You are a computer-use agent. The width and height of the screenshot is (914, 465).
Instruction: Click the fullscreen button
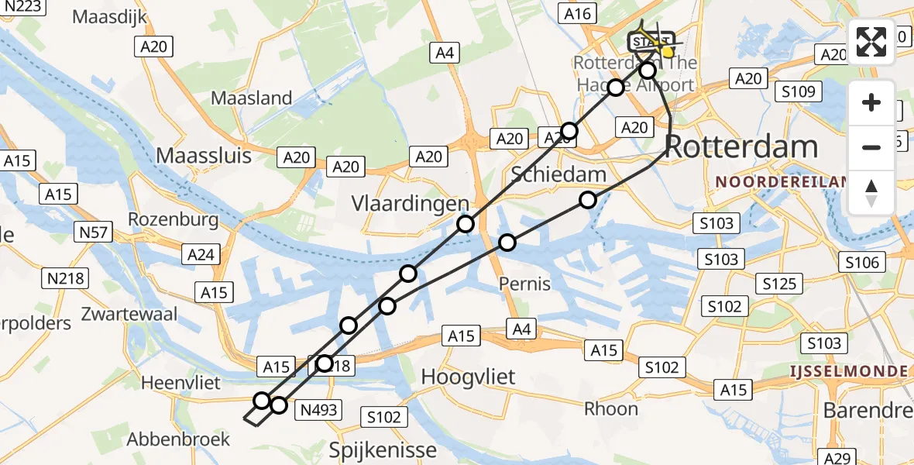(x=871, y=42)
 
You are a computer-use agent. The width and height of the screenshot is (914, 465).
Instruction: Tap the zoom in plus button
(x=871, y=102)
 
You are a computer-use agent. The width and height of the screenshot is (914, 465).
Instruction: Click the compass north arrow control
(x=871, y=192)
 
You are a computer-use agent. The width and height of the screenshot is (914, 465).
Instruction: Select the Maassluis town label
(x=204, y=155)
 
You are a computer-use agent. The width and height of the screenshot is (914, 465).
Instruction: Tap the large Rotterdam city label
(x=741, y=146)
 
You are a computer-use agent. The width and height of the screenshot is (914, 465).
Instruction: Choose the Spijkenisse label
(x=383, y=449)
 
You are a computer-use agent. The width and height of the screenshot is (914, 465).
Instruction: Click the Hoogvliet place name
(x=468, y=377)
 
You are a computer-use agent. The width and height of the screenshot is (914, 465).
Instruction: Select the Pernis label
(x=524, y=283)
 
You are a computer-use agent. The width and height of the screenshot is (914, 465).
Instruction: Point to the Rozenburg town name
(x=173, y=219)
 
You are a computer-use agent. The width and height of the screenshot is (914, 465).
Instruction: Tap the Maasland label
(x=252, y=98)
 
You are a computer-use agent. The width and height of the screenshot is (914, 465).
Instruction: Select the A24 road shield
(x=200, y=253)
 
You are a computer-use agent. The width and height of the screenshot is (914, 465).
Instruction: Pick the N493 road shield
(x=318, y=409)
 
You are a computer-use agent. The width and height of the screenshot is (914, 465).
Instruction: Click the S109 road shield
(x=798, y=92)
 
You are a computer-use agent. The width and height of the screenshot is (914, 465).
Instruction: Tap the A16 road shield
(x=577, y=13)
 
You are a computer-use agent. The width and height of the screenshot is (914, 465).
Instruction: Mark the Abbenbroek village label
(x=179, y=439)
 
